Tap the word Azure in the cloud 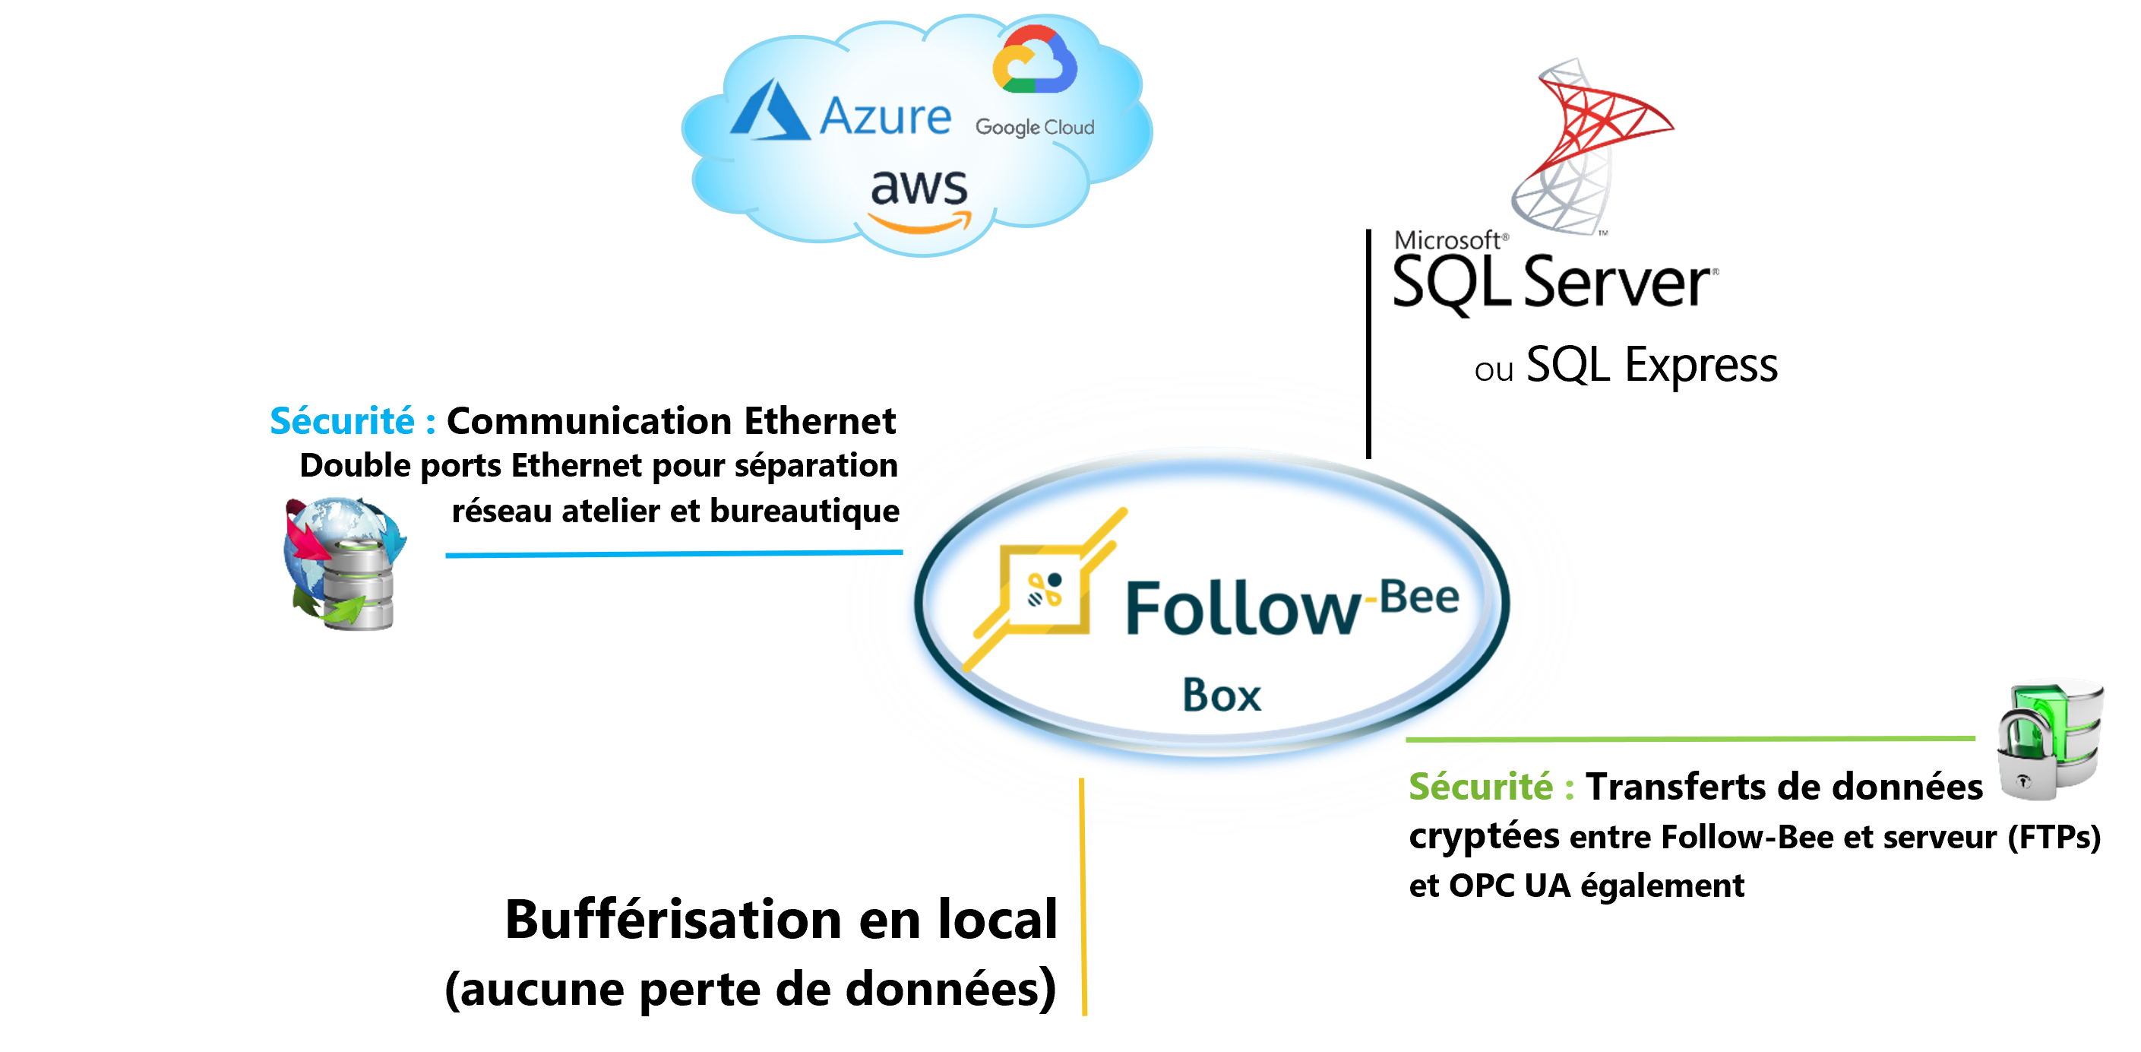click(x=885, y=116)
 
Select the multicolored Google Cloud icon click(x=1035, y=60)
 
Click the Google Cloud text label click(x=1035, y=127)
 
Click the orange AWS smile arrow click(x=919, y=223)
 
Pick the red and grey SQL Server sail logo click(x=1583, y=145)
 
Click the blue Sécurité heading click(x=353, y=421)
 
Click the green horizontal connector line click(x=1687, y=739)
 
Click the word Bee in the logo click(x=1419, y=597)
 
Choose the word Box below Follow click(x=1222, y=696)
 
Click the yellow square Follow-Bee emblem click(x=1045, y=591)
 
